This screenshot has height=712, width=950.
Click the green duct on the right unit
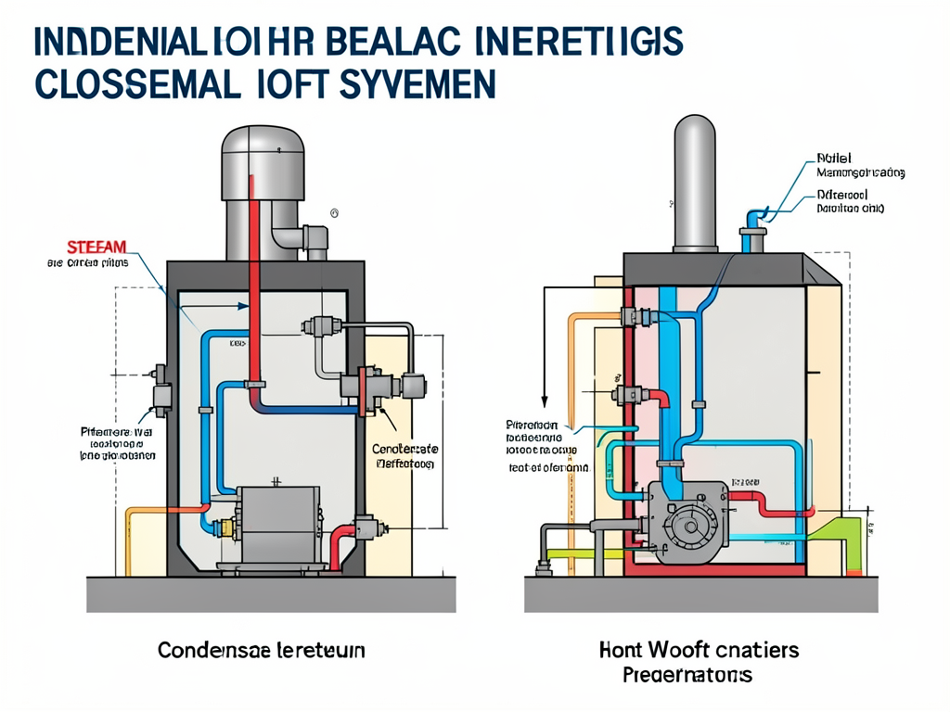(840, 538)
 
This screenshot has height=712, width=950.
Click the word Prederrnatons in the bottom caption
(687, 674)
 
